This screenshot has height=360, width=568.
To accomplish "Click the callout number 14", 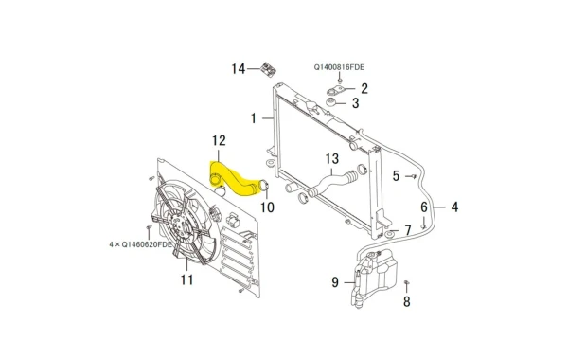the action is (239, 68).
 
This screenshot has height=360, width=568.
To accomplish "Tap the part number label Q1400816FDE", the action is (339, 67).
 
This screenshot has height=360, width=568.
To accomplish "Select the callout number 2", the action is (364, 88).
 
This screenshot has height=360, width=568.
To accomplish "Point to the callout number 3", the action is (355, 103).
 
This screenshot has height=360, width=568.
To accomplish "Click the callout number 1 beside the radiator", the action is (254, 118).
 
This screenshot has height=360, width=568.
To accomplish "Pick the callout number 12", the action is (219, 140).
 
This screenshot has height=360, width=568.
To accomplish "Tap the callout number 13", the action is (332, 158).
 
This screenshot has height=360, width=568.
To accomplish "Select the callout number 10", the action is (268, 207).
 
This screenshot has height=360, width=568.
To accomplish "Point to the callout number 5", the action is (396, 176).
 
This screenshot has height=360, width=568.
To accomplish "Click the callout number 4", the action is (454, 207).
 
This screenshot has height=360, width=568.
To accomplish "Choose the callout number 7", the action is (408, 230).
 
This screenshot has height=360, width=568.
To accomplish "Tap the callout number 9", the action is (335, 282).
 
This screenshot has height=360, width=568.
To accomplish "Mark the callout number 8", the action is (407, 301).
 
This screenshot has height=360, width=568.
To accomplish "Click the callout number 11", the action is (186, 279).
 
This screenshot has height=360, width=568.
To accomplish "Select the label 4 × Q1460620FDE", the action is (140, 244).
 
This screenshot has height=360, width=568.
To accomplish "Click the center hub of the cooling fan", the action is (178, 224).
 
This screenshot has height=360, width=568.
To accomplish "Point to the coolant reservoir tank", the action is (374, 278).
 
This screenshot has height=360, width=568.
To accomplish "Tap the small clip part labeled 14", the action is (269, 68).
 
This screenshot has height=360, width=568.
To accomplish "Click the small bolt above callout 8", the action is (406, 282).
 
